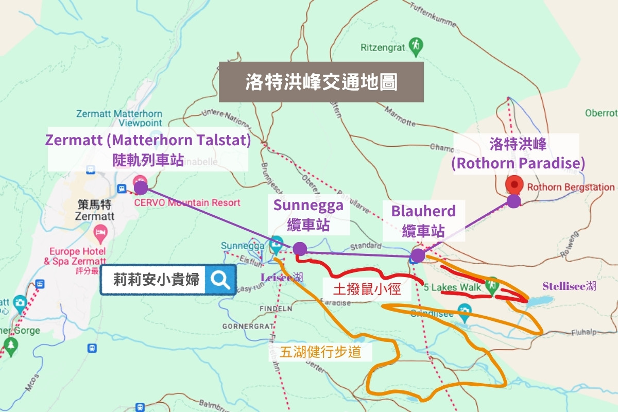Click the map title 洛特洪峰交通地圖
(x=321, y=82)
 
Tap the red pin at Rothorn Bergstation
(x=514, y=184)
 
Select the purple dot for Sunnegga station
(x=300, y=249)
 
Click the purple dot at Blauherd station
(x=418, y=255)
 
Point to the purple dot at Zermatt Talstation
(x=141, y=187)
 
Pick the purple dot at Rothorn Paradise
(x=513, y=201)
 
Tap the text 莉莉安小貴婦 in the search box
(x=157, y=280)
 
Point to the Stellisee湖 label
(x=569, y=286)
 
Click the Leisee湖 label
(x=282, y=278)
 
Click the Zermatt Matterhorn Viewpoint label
(x=118, y=118)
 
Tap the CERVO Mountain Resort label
(x=187, y=202)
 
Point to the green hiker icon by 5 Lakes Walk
(x=493, y=284)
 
